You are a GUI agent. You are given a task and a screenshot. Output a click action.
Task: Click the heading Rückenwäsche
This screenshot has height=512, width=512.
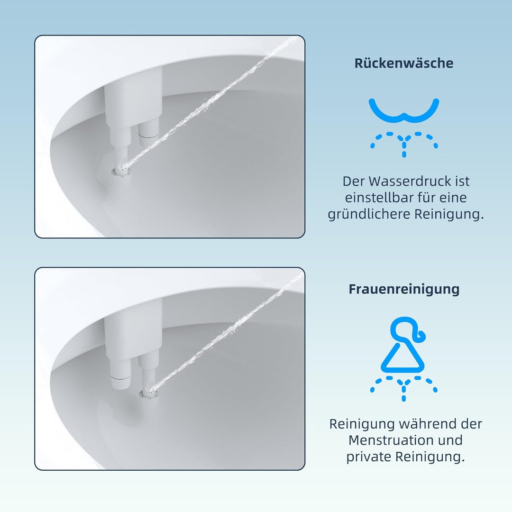point(403,63)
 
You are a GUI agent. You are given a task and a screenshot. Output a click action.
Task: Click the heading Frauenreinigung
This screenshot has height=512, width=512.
point(404,289)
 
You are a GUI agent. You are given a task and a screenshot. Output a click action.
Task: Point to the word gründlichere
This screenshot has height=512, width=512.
point(369,214)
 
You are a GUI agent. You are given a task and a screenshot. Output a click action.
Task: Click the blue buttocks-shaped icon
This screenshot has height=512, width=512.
point(404,110)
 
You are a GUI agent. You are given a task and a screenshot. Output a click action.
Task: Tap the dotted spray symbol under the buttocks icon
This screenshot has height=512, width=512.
point(404,143)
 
